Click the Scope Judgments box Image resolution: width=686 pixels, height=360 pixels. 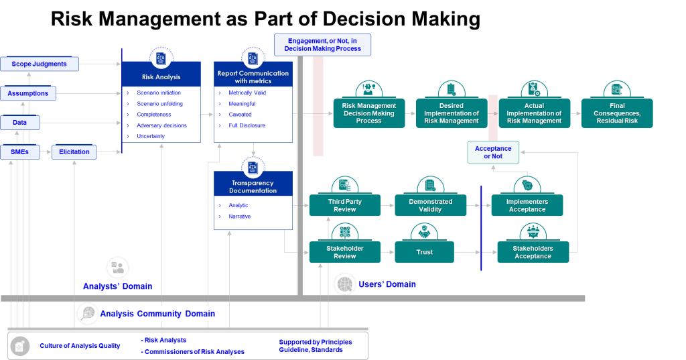coord(40,64)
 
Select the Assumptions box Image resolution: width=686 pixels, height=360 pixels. coord(28,93)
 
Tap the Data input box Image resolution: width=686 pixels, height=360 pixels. coord(20,123)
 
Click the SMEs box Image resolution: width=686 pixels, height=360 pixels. coord(19,152)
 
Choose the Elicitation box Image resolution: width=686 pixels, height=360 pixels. coord(74,152)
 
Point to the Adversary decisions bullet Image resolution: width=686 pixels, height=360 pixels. coord(161,125)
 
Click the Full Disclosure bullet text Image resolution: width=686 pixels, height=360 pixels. coord(247,125)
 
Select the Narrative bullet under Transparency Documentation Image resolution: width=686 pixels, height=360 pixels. coord(239,217)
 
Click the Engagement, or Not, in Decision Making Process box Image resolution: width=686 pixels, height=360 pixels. coord(322,44)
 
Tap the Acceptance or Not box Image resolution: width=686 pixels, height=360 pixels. coord(493,152)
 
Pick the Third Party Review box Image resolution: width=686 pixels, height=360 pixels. coord(345,206)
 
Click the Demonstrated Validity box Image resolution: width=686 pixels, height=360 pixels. coord(430,206)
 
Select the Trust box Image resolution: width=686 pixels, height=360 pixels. coord(425,252)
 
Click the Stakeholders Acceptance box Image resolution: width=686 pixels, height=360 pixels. coord(533,252)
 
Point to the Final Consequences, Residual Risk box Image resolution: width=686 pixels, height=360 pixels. coord(617,113)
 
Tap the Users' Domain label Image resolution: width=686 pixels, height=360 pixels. coord(387,285)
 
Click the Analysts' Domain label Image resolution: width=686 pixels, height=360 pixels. coord(117,287)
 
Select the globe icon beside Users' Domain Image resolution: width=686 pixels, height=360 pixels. coord(344,284)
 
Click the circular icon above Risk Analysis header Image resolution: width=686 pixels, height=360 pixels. coord(161,58)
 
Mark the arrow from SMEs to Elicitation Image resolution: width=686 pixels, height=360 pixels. coord(45,152)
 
